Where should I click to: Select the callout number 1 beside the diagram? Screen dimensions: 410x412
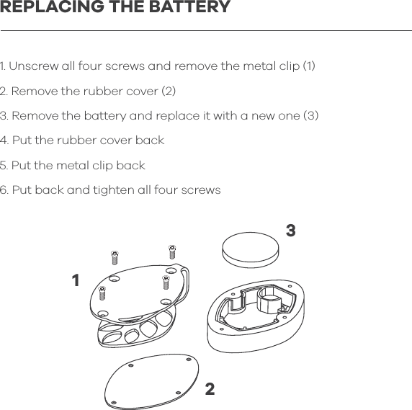75,280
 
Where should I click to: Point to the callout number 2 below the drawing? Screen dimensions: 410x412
210,390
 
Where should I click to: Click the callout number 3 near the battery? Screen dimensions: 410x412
290,231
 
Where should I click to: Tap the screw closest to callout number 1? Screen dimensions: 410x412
102,292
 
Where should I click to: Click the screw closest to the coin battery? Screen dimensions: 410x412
172,251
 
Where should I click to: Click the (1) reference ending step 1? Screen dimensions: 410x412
308,67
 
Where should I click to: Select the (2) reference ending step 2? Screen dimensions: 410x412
168,92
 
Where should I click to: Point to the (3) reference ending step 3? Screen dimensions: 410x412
310,116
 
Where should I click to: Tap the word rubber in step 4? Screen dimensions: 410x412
68,141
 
